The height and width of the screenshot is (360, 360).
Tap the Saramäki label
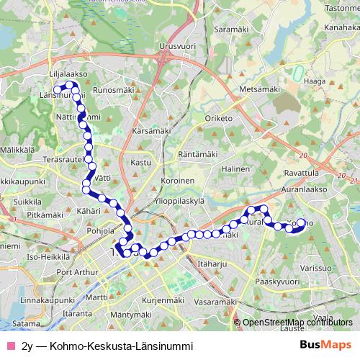(x=231, y=30)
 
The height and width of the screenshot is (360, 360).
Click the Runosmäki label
(x=114, y=91)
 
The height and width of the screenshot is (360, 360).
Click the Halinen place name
(x=235, y=168)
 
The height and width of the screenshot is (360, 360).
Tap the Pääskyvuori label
(x=276, y=282)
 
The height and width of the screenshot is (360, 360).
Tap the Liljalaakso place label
(x=68, y=73)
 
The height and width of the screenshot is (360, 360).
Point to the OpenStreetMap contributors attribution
(x=297, y=323)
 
